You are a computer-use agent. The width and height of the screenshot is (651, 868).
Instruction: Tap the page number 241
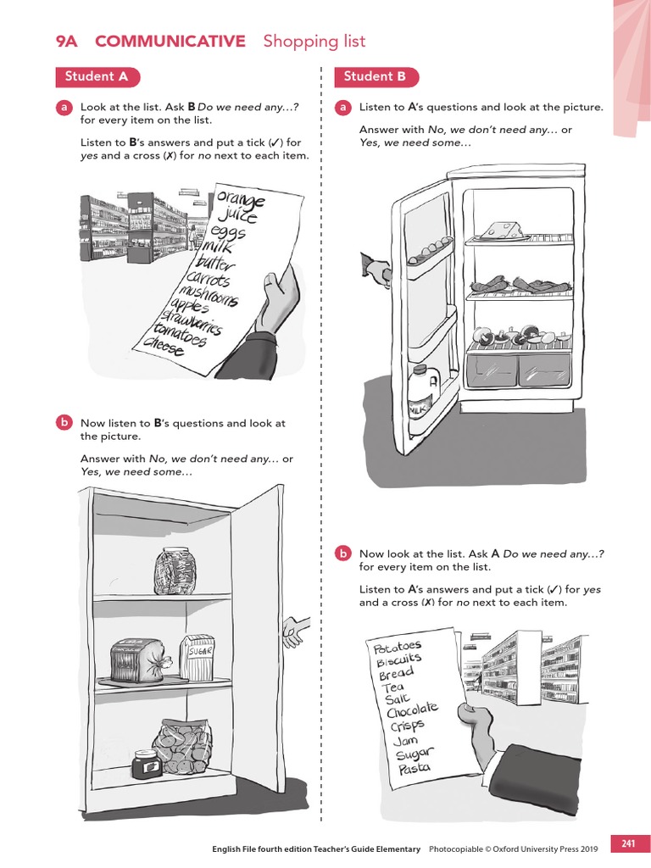(x=628, y=843)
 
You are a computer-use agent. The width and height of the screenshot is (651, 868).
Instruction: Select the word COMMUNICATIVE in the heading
(x=170, y=42)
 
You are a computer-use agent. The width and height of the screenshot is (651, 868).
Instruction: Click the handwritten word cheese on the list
(x=164, y=347)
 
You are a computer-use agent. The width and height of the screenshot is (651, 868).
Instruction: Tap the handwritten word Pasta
(x=415, y=768)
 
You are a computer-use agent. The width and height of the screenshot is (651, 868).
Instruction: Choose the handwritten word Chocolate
(x=414, y=709)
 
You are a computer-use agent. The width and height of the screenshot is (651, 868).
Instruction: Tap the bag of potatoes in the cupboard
(x=182, y=745)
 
